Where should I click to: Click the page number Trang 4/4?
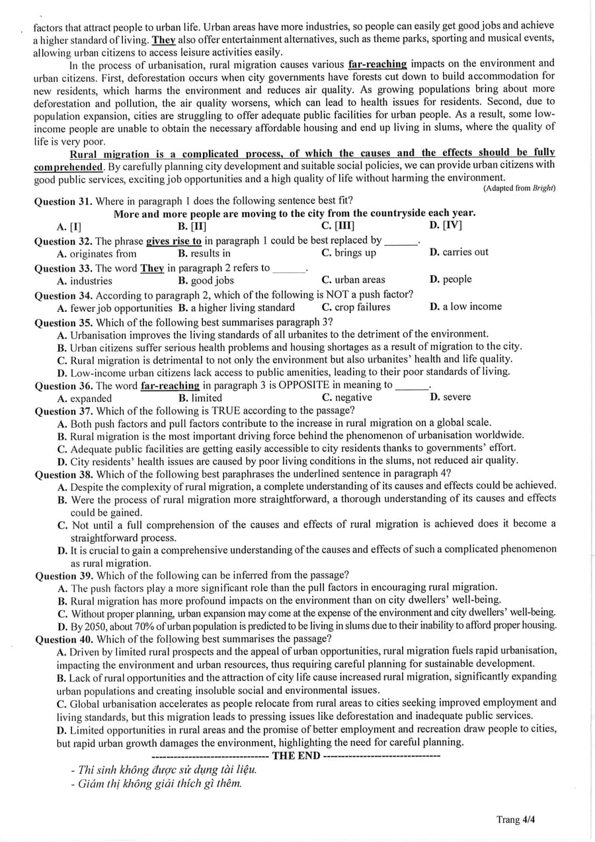click(x=515, y=820)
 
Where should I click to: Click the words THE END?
click(x=296, y=755)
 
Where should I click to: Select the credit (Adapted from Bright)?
click(x=520, y=188)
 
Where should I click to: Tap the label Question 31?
click(x=63, y=201)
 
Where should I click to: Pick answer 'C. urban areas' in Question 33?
click(x=353, y=280)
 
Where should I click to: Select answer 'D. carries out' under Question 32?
click(x=459, y=252)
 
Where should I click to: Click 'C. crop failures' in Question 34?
click(x=356, y=307)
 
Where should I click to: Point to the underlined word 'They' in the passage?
click(x=163, y=39)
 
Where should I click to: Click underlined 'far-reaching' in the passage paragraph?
click(x=377, y=64)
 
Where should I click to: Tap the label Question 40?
click(x=63, y=638)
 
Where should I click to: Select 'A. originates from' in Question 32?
click(x=97, y=254)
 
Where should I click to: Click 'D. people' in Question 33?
click(x=450, y=279)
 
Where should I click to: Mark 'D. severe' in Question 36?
click(x=450, y=397)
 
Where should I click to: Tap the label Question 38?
click(x=63, y=473)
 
